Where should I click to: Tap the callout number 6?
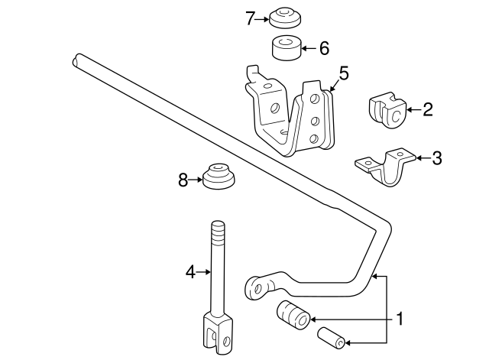[323, 48]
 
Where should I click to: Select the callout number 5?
[343, 74]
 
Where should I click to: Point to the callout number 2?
[427, 109]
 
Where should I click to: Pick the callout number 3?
[436, 158]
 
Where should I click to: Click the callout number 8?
[183, 180]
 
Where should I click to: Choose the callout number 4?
[190, 270]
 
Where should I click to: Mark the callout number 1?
[397, 317]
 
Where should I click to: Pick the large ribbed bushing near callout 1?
[293, 314]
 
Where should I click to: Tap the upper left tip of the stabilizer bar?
[78, 58]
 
